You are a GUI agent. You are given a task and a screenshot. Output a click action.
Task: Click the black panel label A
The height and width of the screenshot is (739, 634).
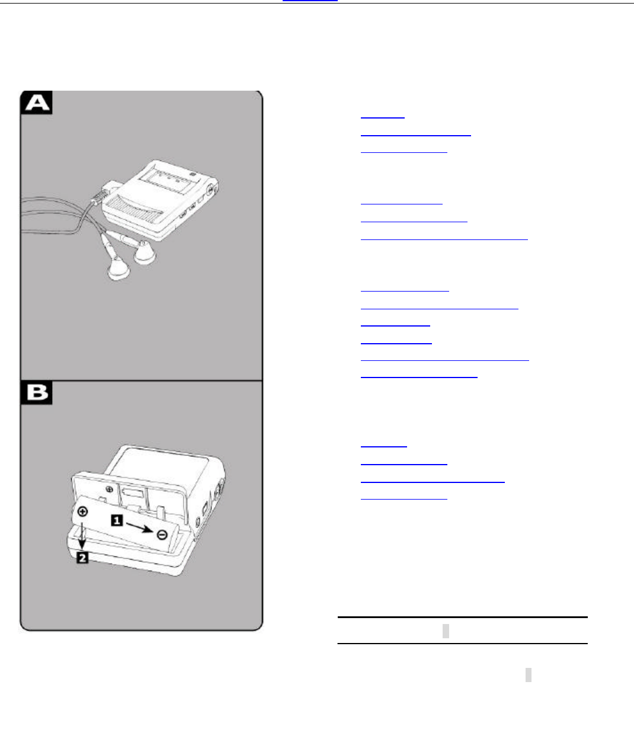point(37,103)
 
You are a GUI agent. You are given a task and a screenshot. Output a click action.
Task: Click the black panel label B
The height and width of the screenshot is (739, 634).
point(37,393)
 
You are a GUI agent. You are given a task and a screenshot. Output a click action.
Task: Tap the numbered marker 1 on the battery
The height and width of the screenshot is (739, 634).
point(117,520)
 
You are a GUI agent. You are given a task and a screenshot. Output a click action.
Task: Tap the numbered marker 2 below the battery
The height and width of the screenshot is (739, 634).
point(82,558)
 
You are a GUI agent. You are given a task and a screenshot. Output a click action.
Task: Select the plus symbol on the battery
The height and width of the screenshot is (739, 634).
point(82,511)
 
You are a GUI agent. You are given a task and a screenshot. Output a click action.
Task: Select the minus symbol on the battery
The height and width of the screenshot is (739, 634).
point(162,535)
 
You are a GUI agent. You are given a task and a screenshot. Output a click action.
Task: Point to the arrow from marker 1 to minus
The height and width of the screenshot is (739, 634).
point(140,527)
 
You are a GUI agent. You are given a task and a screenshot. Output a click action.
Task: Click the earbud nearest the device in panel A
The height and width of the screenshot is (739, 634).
point(145,252)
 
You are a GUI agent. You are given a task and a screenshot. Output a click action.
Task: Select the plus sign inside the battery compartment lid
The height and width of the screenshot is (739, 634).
point(110,489)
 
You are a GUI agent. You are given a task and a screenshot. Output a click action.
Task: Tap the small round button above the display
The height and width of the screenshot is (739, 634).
point(193,174)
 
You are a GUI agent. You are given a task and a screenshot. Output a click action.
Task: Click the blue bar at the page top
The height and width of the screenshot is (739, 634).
point(310,1)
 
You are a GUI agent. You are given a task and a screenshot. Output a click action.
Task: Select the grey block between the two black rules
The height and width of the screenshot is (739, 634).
point(446,631)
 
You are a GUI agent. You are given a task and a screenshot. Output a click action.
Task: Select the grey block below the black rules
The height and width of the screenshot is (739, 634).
point(528,674)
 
